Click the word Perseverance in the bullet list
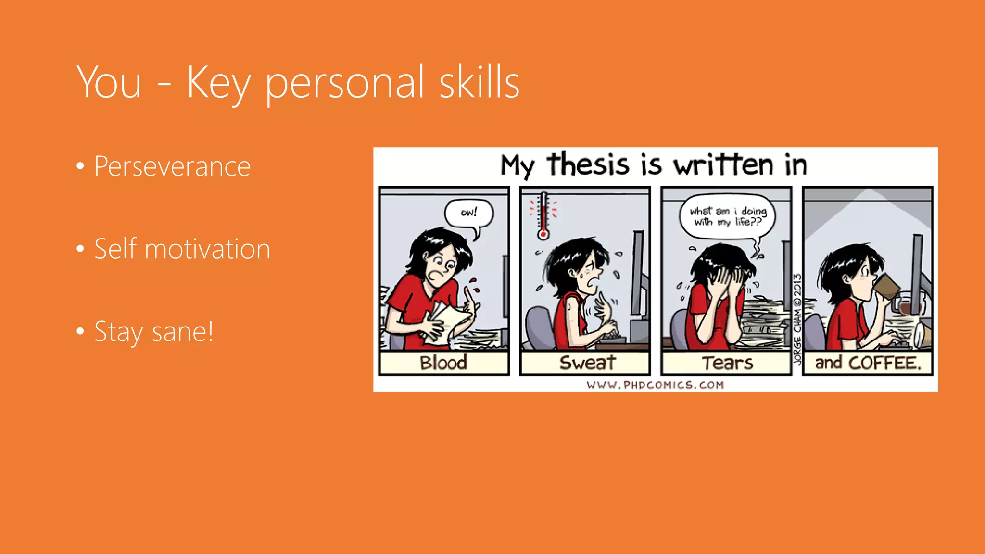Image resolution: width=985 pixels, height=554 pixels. click(x=172, y=166)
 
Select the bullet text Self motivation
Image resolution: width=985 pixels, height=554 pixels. click(x=182, y=249)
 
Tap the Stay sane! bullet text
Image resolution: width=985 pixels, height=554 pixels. click(x=153, y=332)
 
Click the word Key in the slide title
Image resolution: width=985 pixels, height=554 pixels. click(x=218, y=83)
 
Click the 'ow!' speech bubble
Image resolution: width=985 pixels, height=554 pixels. click(x=469, y=213)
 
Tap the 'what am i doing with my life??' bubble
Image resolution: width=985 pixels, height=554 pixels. click(x=727, y=216)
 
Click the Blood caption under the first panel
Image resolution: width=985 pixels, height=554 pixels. click(x=443, y=363)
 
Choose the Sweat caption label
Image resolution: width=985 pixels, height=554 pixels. click(x=587, y=363)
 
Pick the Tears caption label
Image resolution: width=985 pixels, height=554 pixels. click(x=727, y=363)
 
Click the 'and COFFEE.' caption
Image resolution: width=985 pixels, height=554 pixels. click(x=868, y=363)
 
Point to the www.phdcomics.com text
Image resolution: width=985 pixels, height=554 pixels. click(x=655, y=385)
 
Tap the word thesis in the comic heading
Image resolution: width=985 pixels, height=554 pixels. click(x=587, y=164)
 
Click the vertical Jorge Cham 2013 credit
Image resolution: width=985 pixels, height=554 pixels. click(x=797, y=319)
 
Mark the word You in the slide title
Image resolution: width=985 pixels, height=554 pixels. click(x=109, y=83)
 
